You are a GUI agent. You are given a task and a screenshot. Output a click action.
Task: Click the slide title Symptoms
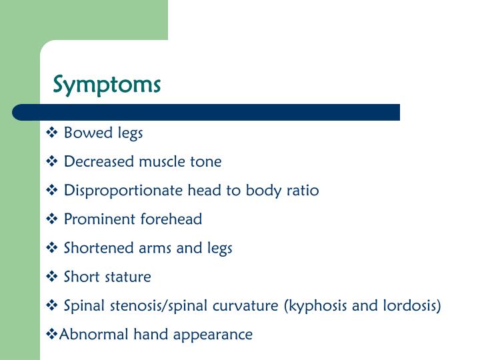[107, 85]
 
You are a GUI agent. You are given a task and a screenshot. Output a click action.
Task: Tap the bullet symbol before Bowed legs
[53, 133]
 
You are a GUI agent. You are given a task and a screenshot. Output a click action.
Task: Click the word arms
[153, 248]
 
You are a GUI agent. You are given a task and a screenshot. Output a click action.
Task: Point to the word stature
[127, 277]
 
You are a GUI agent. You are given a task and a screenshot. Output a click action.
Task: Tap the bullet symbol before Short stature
[53, 277]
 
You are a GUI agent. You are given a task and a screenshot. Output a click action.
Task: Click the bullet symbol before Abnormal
[52, 334]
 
